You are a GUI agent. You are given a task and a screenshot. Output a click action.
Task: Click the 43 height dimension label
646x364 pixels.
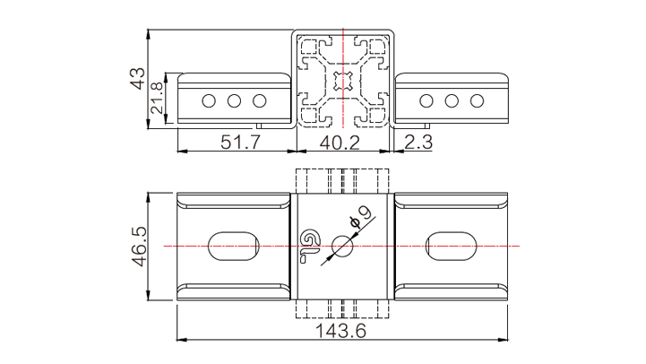[138, 78]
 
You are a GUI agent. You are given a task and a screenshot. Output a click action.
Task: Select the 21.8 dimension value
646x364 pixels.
[157, 98]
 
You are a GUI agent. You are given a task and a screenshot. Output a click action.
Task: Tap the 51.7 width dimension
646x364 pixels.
[241, 143]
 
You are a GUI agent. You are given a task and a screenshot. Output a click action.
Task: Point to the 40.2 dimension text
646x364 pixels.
[340, 143]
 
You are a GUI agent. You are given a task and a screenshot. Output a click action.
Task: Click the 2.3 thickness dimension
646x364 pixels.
[418, 143]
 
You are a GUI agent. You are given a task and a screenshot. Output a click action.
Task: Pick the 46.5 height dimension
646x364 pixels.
[139, 246]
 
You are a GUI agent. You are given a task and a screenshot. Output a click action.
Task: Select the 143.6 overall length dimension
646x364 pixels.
[340, 331]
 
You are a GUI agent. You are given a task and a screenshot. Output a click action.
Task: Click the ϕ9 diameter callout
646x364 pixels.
[361, 216]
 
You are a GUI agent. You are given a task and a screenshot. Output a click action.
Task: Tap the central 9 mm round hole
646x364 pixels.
[342, 246]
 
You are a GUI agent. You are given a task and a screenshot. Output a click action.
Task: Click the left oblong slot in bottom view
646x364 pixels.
[234, 246]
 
